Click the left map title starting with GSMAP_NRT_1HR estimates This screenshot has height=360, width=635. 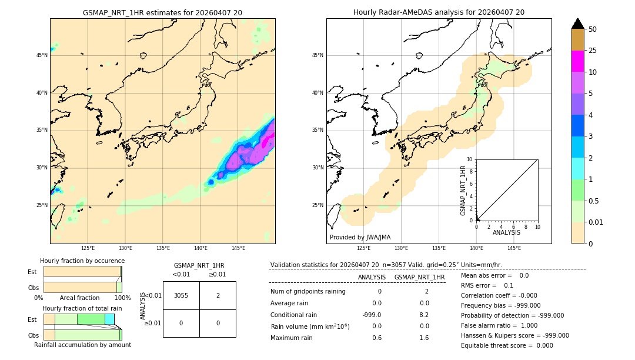162,12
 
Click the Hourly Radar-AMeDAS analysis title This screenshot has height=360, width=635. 439,12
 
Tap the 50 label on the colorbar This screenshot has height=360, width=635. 593,29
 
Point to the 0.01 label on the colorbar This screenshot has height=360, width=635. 596,222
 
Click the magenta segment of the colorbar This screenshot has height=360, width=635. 577,61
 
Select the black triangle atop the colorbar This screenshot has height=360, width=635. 577,24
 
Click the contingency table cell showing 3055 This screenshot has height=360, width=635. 181,295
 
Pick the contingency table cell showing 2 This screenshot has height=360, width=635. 218,295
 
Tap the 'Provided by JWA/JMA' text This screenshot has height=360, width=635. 360,237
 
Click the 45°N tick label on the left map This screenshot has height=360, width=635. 42,55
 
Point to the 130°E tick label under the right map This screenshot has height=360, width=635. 402,248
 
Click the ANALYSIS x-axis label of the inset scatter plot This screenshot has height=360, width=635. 506,232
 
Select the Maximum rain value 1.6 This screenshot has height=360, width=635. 424,338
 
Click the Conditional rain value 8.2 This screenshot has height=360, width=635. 424,315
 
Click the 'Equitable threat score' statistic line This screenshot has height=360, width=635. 507,345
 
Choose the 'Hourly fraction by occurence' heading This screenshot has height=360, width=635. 82,261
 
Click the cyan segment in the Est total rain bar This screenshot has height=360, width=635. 109,319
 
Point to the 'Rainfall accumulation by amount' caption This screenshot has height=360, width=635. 82,345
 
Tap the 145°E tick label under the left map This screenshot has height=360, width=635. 238,248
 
